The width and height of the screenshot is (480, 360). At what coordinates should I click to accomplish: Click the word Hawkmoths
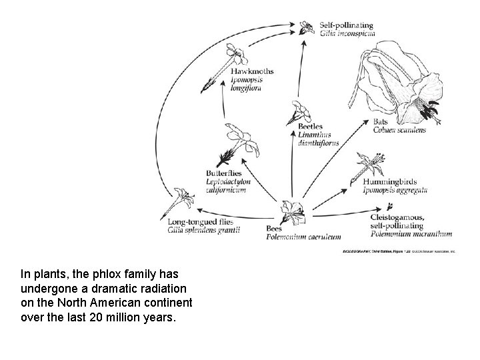click(x=251, y=71)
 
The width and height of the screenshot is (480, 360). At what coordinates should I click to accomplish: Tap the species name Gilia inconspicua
click(x=347, y=33)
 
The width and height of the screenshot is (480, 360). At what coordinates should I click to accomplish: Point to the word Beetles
click(x=311, y=126)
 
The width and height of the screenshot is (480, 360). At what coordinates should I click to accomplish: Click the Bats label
click(x=380, y=122)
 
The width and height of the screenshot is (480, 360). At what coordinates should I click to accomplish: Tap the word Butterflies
click(x=224, y=173)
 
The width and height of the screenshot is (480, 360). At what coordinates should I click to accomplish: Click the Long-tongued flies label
click(x=203, y=222)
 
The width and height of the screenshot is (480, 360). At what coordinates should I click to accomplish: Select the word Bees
click(x=275, y=229)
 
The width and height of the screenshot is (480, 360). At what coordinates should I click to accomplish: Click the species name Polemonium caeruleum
click(x=303, y=237)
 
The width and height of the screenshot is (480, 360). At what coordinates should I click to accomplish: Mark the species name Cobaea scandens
click(x=399, y=130)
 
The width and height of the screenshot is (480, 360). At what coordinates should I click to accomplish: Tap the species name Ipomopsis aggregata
click(x=395, y=190)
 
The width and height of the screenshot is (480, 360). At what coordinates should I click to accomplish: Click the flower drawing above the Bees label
click(x=293, y=211)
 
